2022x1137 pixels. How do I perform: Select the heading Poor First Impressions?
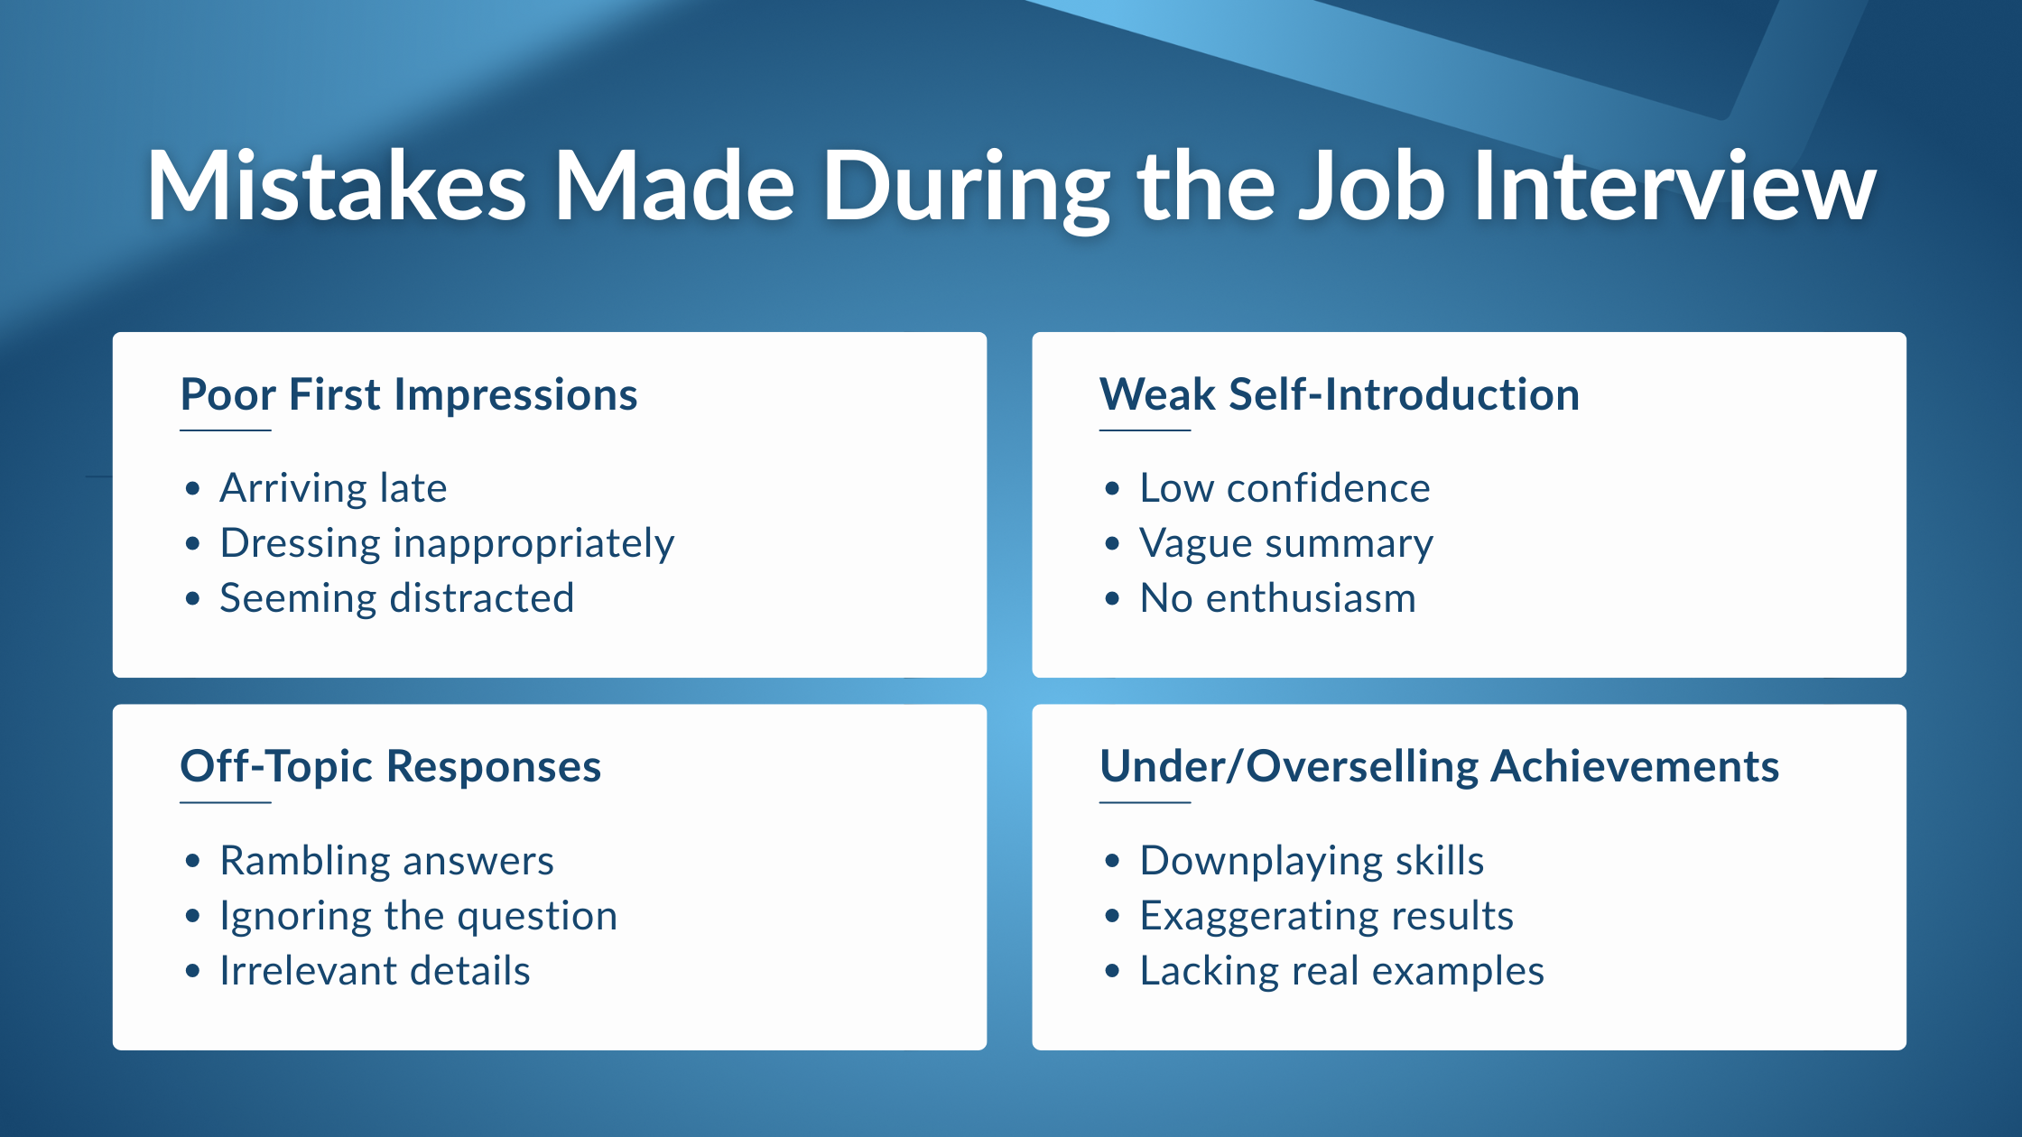coord(409,395)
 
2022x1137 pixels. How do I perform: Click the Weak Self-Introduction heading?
coord(1340,395)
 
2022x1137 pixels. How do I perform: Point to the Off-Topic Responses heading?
coord(390,767)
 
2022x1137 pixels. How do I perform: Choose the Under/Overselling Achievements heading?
coord(1439,767)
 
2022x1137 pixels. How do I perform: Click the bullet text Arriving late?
coord(333,488)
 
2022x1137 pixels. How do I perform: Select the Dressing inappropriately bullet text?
coord(447,544)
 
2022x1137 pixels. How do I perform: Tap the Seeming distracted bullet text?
coord(396,598)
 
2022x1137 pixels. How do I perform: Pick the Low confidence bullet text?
coord(1285,488)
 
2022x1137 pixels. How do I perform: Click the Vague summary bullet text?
coord(1286,544)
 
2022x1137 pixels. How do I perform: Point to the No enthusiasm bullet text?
coord(1278,598)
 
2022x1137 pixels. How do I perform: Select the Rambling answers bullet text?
coord(387,862)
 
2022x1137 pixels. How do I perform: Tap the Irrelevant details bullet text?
coord(376,971)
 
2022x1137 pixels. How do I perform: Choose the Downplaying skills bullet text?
coord(1312,862)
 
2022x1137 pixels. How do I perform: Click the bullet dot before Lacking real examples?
coord(1112,972)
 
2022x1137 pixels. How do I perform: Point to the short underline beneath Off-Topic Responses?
coord(226,802)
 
